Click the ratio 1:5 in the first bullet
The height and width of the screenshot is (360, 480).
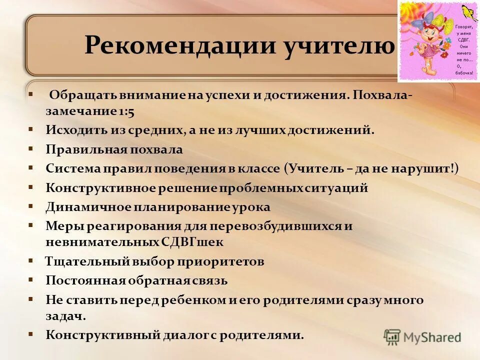click(126, 112)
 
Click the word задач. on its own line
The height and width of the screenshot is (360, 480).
click(65, 316)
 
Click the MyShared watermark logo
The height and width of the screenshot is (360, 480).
click(422, 336)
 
